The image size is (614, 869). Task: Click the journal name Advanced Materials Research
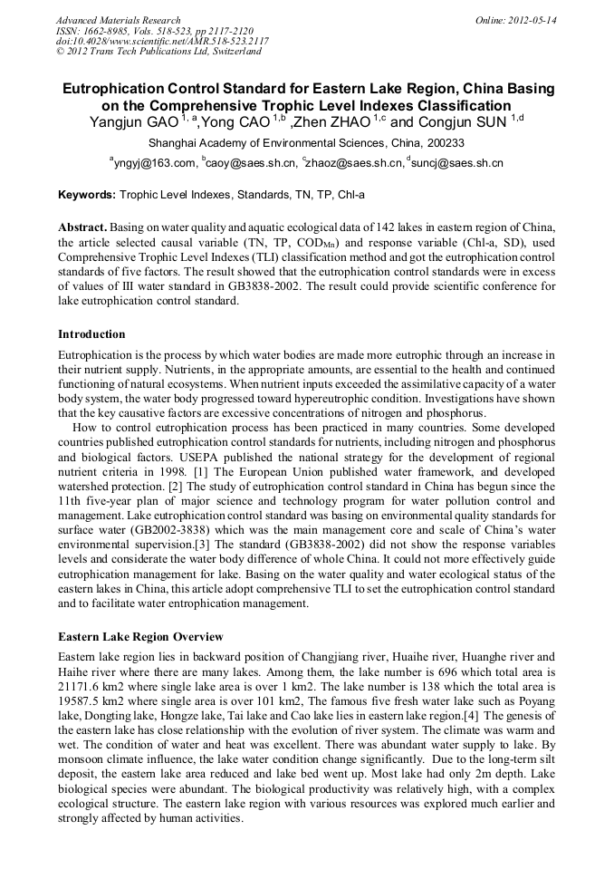pos(118,20)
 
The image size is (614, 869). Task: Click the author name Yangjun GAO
pos(133,122)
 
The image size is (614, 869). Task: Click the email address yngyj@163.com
pos(155,163)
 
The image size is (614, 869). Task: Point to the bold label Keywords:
pos(87,195)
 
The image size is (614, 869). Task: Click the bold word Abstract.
pos(82,227)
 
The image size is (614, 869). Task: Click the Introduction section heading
pos(91,333)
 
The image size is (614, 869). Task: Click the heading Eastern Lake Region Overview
pos(140,636)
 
